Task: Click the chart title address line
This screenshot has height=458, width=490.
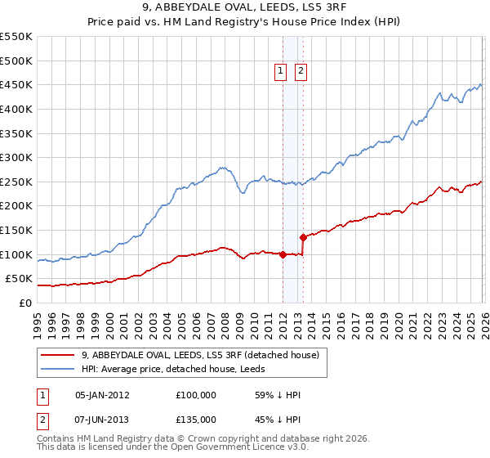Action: (x=245, y=9)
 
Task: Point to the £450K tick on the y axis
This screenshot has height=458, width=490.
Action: (x=16, y=84)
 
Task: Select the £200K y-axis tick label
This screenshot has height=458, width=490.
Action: (x=16, y=205)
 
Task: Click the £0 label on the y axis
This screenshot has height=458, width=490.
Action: (x=26, y=303)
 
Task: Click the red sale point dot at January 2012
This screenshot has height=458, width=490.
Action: (x=283, y=254)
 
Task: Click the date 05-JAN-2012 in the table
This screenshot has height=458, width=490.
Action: (x=101, y=394)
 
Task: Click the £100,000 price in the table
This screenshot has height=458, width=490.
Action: (x=195, y=394)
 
